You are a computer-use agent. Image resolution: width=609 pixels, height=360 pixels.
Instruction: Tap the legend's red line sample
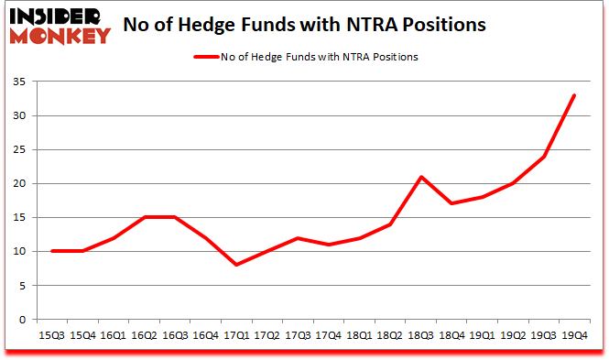206,57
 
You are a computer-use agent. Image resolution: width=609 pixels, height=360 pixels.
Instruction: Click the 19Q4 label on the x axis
573,335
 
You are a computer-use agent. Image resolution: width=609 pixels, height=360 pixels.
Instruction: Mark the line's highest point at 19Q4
574,95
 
